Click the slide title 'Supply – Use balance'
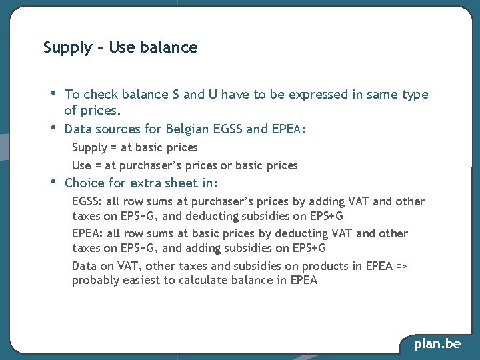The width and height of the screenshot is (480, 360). tap(120, 47)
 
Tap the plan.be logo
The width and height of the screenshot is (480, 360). tap(437, 344)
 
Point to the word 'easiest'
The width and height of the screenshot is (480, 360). tap(143, 281)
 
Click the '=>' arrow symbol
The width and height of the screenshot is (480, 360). tap(401, 266)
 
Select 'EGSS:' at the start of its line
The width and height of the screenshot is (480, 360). tap(87, 201)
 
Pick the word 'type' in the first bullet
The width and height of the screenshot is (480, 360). tap(415, 95)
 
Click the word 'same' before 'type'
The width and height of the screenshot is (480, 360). tap(382, 95)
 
